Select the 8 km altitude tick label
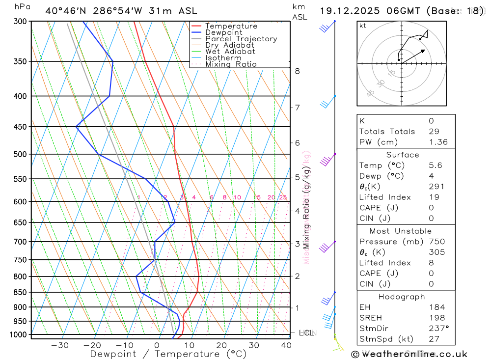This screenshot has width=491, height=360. [297, 71]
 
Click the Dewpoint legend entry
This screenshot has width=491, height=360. [224, 32]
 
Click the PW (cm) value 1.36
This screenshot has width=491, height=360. [438, 142]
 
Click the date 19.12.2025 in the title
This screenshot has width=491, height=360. [350, 11]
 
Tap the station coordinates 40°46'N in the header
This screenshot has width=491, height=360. [64, 11]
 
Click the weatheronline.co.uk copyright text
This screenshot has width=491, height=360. [409, 354]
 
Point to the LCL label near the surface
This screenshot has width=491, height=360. [306, 333]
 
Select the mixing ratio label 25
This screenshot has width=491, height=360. [283, 197]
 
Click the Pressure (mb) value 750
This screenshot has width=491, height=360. [436, 242]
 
